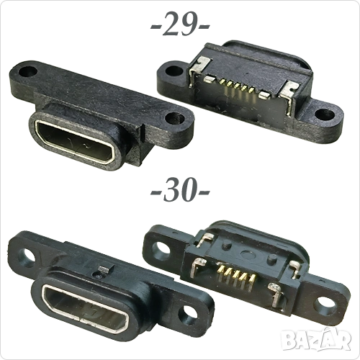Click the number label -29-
(180, 24)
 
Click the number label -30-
(180, 190)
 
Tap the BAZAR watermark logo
(316, 338)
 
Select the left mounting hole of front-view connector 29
(28, 71)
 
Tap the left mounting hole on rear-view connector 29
(172, 71)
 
